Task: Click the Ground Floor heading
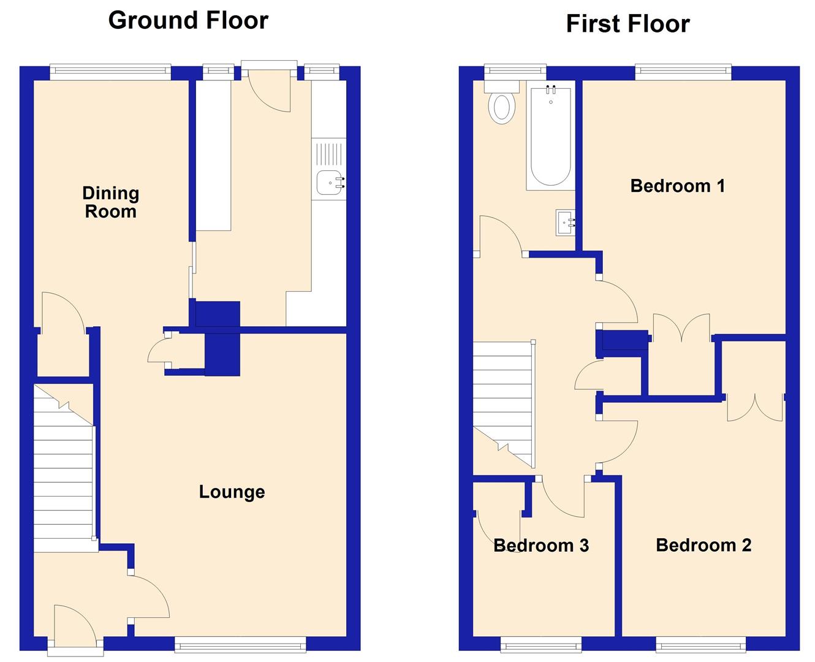[x=188, y=20]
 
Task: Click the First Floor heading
[x=627, y=24]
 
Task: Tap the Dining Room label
[x=111, y=202]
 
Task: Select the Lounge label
[x=232, y=492]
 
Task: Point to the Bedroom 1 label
[x=677, y=185]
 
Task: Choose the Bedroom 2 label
[x=703, y=545]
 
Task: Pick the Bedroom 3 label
[x=541, y=545]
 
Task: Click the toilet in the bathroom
[x=502, y=107]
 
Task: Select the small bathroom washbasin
[x=565, y=223]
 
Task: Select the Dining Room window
[x=110, y=72]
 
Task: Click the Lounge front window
[x=240, y=643]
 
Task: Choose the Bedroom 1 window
[x=683, y=72]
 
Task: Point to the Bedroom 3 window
[x=540, y=643]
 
